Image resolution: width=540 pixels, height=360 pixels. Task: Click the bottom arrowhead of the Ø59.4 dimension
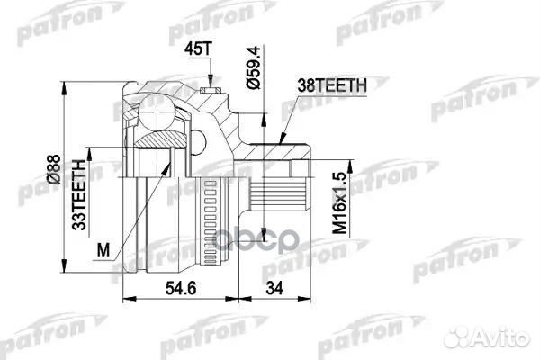264,113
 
